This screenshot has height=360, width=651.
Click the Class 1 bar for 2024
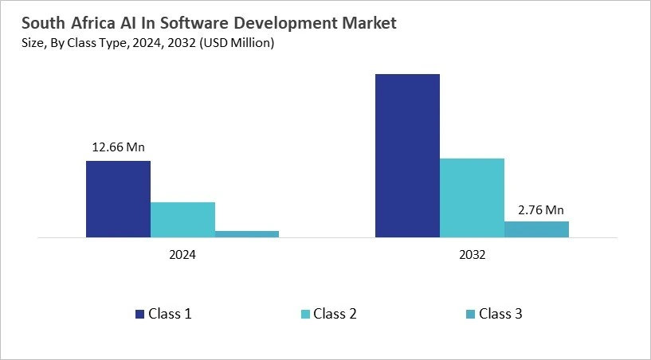tap(118, 199)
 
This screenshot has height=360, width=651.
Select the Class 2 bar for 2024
tap(182, 220)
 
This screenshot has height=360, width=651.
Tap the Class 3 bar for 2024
tap(247, 233)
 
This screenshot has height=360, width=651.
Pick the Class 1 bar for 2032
tap(407, 155)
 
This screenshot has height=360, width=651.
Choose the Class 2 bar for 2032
tap(472, 198)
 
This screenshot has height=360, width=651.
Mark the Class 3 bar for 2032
tap(536, 229)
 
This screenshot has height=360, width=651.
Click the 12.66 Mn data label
tap(119, 147)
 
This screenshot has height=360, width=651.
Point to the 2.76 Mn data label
tap(536, 210)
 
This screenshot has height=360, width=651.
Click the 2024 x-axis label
tap(182, 256)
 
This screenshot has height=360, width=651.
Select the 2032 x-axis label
tap(472, 256)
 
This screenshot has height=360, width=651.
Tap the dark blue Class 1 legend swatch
tap(140, 315)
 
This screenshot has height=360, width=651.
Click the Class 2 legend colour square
tap(305, 315)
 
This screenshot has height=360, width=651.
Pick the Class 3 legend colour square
tap(470, 315)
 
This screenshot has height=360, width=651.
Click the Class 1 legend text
tap(170, 314)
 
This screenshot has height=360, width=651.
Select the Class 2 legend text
tap(335, 314)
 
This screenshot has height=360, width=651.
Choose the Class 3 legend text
tap(500, 314)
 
